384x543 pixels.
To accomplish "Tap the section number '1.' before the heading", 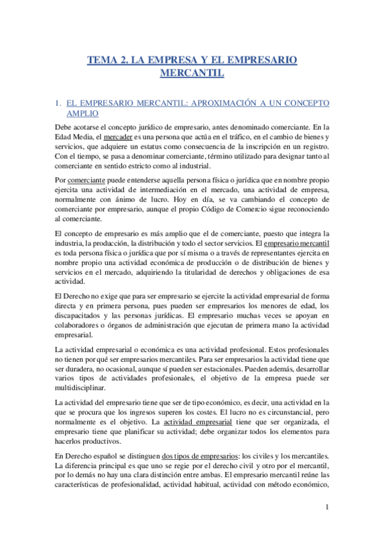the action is coord(59,102).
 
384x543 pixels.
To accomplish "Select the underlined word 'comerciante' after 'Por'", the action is coord(87,181).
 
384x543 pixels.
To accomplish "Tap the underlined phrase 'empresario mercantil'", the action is coord(296,244).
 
